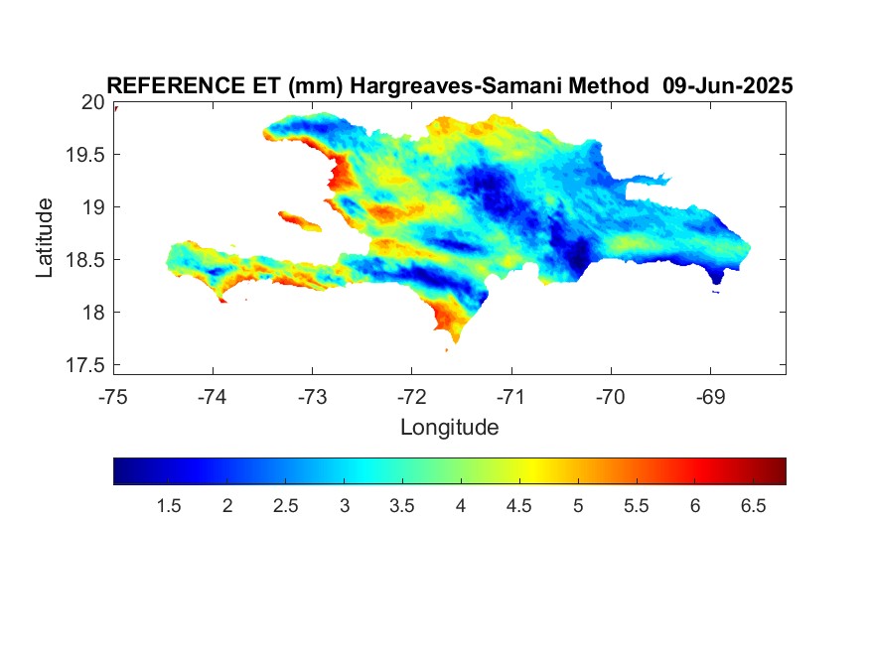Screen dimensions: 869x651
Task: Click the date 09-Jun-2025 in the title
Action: [728, 85]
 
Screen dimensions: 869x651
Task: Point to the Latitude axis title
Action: [44, 237]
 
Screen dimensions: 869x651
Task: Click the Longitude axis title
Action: [450, 428]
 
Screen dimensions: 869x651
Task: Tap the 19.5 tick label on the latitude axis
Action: [84, 155]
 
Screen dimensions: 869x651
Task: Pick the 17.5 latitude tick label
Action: [84, 365]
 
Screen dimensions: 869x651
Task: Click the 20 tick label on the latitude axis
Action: [92, 102]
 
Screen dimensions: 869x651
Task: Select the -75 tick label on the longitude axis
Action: [113, 397]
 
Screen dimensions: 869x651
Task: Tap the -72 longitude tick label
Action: [412, 397]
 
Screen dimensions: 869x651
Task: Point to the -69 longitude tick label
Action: [710, 397]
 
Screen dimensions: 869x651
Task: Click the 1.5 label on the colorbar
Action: [169, 506]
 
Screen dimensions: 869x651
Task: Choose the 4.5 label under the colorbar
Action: [518, 506]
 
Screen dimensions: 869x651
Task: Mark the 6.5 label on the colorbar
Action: [753, 506]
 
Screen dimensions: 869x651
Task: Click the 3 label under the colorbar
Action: [345, 506]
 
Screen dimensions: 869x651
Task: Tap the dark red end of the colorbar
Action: [781, 471]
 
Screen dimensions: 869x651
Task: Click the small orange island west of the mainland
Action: [299, 221]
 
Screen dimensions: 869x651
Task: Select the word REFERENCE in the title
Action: [176, 85]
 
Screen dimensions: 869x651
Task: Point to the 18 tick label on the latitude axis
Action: [92, 313]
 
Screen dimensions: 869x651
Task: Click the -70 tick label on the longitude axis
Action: [611, 397]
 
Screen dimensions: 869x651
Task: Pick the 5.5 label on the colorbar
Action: [636, 506]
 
